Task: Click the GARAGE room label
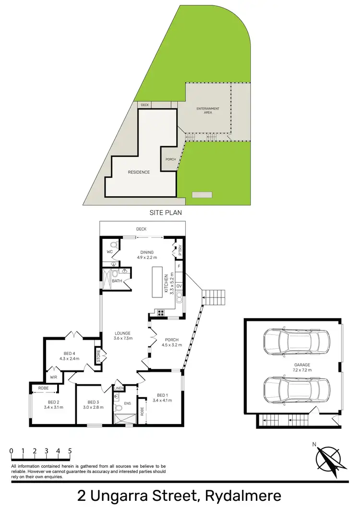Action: pyautogui.click(x=302, y=365)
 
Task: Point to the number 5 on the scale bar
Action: pyautogui.click(x=70, y=451)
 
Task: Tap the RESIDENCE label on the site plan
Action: pyautogui.click(x=139, y=172)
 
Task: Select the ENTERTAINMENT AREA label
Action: pyautogui.click(x=208, y=110)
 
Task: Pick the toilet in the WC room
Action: pyautogui.click(x=113, y=246)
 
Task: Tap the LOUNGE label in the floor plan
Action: pyautogui.click(x=123, y=333)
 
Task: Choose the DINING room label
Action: pyautogui.click(x=146, y=252)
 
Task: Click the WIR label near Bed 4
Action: pyautogui.click(x=54, y=377)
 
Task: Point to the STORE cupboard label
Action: pyautogui.click(x=97, y=356)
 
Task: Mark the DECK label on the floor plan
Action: pyautogui.click(x=141, y=229)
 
